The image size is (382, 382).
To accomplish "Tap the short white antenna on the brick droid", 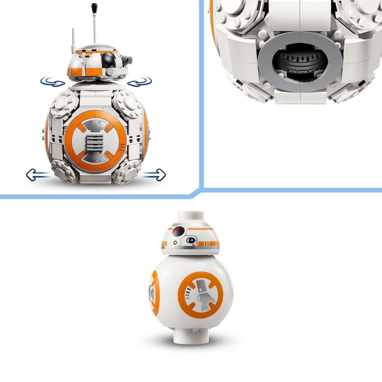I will [x=73, y=40].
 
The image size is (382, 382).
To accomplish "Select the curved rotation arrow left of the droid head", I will [x=53, y=82].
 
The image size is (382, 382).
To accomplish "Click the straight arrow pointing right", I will [x=154, y=174].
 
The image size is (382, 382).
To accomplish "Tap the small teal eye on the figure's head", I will [x=190, y=240].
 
